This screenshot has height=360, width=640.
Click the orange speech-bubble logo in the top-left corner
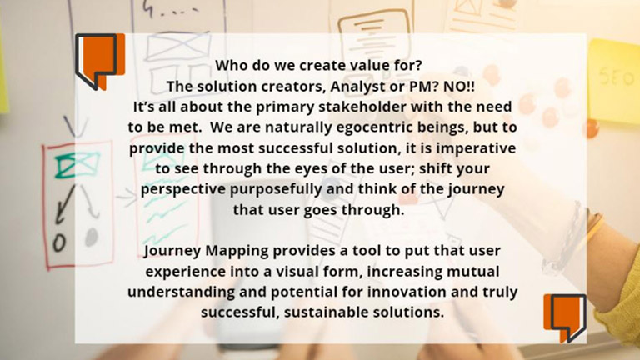click(100, 61)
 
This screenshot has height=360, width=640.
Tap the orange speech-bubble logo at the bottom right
click(565, 318)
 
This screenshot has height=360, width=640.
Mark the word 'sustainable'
click(321, 312)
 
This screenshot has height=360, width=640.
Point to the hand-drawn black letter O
click(60, 242)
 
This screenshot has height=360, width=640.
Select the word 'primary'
click(285, 107)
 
